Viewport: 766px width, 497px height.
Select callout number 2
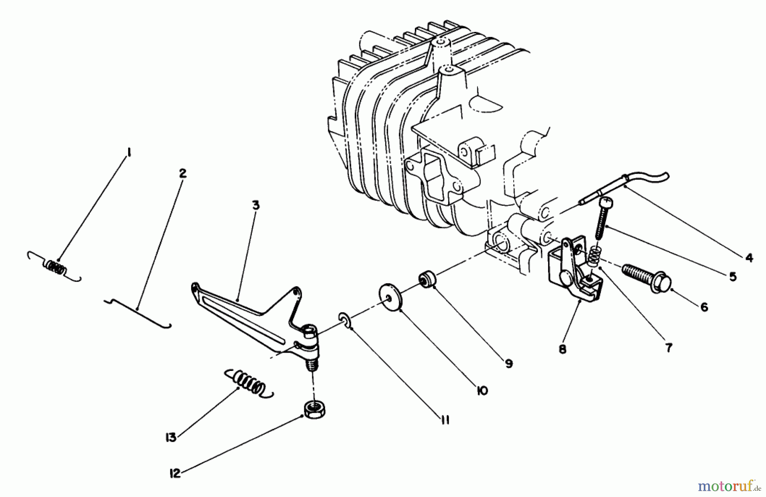pos(182,173)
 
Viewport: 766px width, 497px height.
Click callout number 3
pos(255,205)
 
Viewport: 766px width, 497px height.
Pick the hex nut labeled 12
pos(312,410)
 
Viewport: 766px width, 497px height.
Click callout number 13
pos(171,437)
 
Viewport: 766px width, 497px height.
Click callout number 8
pos(563,350)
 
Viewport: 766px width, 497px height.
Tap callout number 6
pos(704,307)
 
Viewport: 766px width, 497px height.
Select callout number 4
pos(749,258)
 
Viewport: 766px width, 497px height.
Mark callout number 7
pos(669,348)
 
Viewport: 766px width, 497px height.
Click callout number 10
pos(482,391)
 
